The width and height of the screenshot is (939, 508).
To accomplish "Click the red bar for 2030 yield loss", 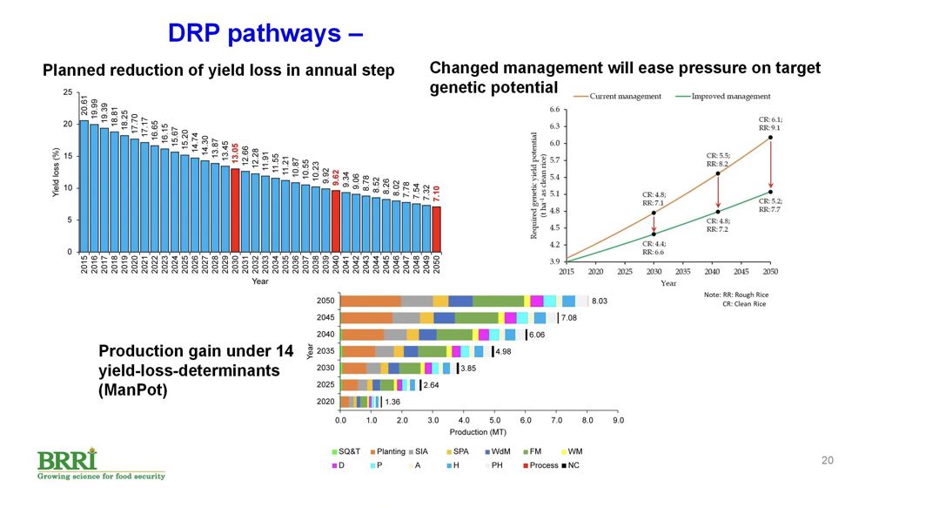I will click(235, 210).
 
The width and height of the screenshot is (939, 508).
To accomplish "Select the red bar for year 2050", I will click(436, 229).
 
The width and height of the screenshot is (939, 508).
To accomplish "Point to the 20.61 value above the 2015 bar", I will click(84, 107).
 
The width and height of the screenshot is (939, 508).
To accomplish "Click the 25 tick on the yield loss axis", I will click(68, 92).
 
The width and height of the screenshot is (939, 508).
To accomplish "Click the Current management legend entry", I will click(625, 96).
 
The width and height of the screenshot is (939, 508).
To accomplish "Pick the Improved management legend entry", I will click(728, 96).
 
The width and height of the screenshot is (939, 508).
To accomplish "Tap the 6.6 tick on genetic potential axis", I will click(555, 110).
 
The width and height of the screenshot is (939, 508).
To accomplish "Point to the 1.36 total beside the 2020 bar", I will click(392, 402).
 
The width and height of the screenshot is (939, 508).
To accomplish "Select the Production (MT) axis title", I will click(478, 432).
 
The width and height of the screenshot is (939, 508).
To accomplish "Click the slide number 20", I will click(828, 460).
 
